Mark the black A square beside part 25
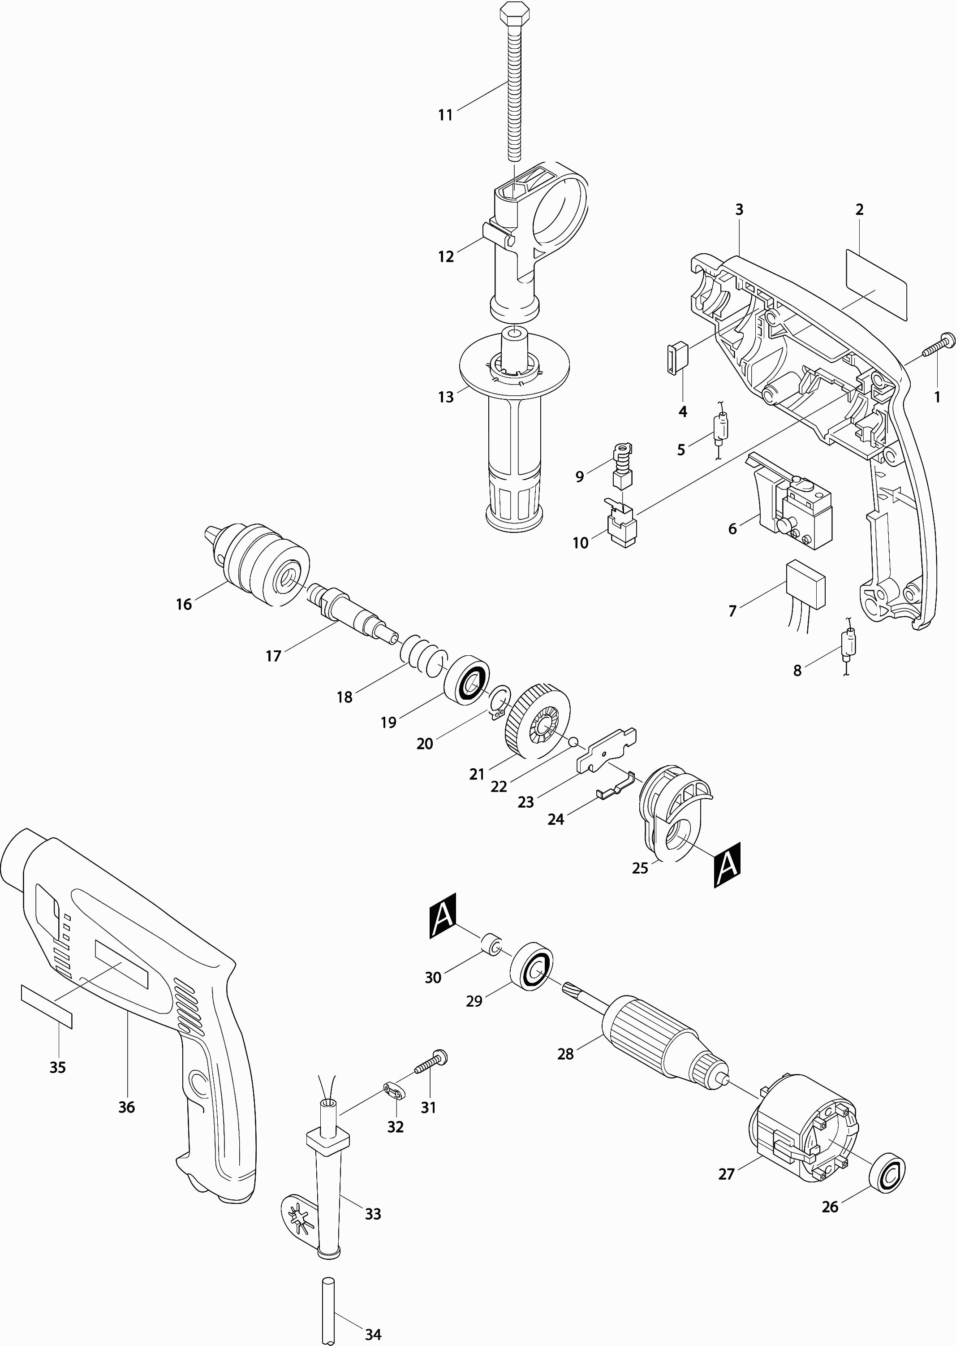[x=727, y=865]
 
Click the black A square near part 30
[x=443, y=916]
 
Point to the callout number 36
[x=127, y=1107]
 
